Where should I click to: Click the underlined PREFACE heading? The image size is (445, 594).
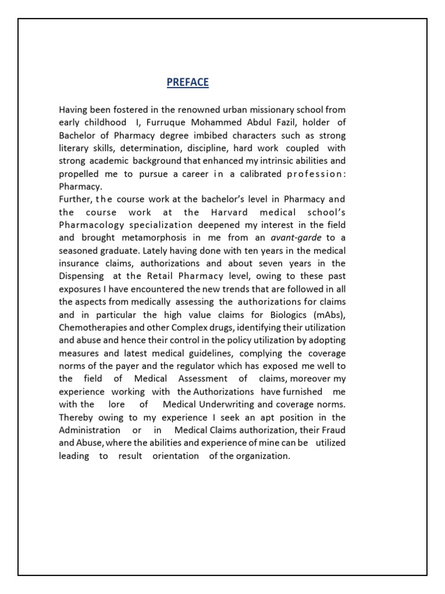[187, 82]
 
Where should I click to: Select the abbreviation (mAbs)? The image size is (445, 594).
[327, 314]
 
